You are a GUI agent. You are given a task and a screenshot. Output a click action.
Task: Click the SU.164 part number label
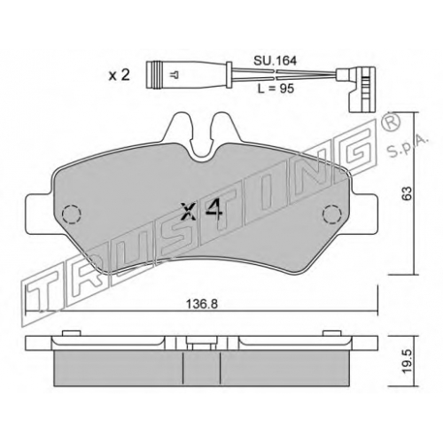[x=275, y=61]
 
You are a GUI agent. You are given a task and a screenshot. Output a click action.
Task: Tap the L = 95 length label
[x=276, y=89]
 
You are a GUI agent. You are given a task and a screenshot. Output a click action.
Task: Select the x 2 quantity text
[x=120, y=75]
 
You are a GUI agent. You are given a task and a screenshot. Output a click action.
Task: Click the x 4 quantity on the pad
[x=202, y=211]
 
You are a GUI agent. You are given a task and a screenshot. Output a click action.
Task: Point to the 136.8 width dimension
[x=202, y=304]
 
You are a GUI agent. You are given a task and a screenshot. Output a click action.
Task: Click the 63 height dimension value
[x=407, y=193]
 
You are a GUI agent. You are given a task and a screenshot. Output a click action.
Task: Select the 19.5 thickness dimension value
[x=407, y=365]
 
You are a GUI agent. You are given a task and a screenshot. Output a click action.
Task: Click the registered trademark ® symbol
[x=391, y=122]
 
